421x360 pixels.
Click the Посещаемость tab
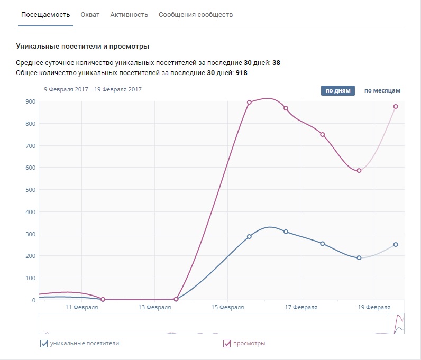(x=45, y=14)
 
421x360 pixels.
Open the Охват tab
(x=90, y=14)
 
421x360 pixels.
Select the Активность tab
(x=129, y=14)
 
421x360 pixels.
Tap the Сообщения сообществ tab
(x=196, y=14)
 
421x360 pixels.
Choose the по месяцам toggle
(x=382, y=90)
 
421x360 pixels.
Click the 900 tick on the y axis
(x=31, y=101)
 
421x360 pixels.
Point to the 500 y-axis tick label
(x=31, y=190)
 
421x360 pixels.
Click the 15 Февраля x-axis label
(x=227, y=307)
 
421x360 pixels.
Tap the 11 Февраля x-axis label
(x=81, y=307)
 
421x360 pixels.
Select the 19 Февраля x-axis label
(x=374, y=307)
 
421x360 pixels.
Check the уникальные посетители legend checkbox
(x=44, y=344)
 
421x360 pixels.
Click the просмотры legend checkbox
(x=228, y=344)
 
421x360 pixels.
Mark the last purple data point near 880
(x=396, y=106)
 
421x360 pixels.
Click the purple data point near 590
(x=359, y=170)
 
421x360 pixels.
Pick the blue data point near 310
(x=286, y=232)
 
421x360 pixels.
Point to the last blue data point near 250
(x=396, y=244)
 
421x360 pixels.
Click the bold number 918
(x=242, y=73)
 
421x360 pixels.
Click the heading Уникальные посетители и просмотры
(x=83, y=47)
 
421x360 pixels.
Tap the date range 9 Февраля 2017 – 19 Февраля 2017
(x=93, y=90)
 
